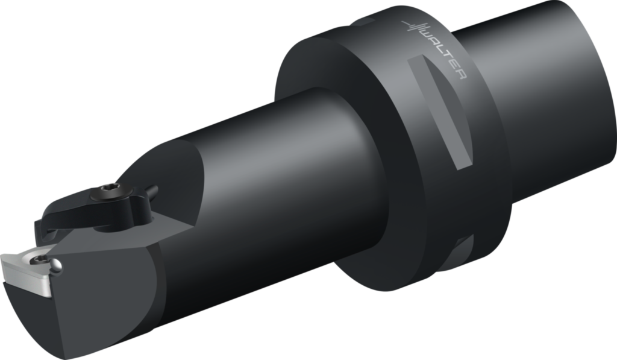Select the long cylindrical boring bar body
271,181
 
